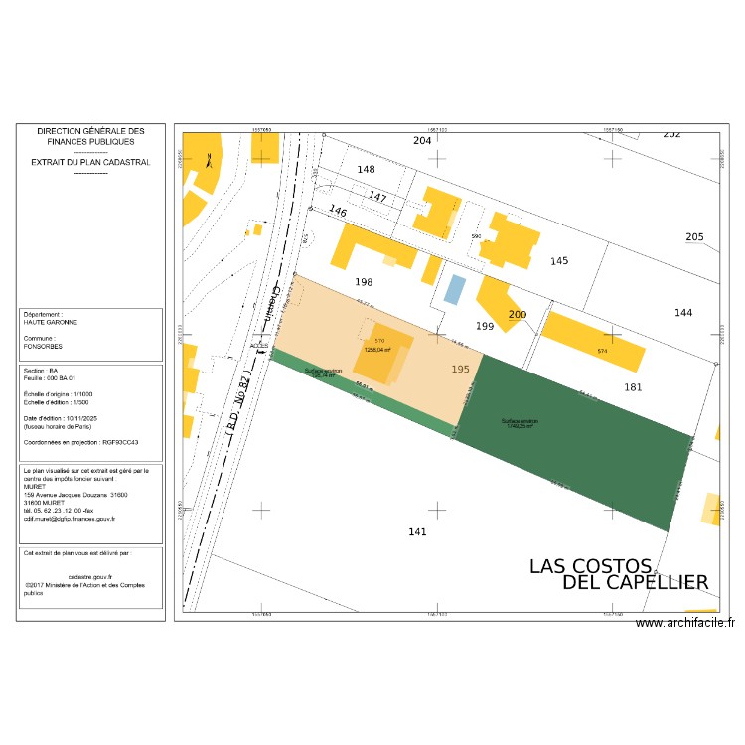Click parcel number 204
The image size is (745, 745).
(422, 141)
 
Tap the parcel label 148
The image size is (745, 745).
(367, 170)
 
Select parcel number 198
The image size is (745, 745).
(364, 282)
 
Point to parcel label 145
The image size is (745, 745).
(559, 261)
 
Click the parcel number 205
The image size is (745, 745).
(694, 236)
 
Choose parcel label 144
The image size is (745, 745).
(683, 313)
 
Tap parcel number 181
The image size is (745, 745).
(633, 387)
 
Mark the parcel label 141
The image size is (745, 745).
(417, 532)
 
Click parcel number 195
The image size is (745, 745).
(460, 369)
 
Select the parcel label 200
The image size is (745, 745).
(518, 315)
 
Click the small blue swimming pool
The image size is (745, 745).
(454, 290)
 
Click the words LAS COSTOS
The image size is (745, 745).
(590, 566)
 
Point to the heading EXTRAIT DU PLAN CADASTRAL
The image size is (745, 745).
(90, 161)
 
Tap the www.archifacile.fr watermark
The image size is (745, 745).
(685, 623)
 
